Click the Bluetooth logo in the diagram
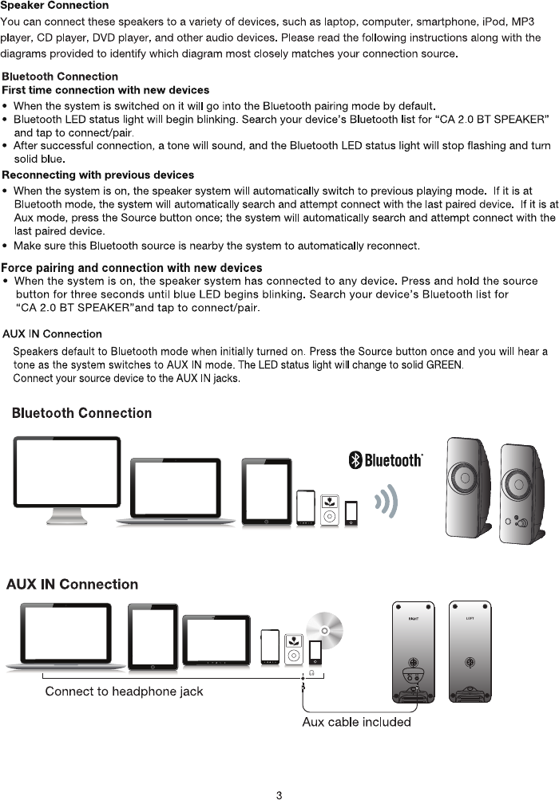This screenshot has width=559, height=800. [385, 460]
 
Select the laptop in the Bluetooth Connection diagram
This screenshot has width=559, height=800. [176, 489]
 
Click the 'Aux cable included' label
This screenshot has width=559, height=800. [356, 722]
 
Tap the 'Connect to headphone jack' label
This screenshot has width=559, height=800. [124, 691]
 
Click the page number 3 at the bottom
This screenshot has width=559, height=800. [279, 794]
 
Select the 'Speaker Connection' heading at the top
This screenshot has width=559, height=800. [54, 6]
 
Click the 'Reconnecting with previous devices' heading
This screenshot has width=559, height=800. [98, 175]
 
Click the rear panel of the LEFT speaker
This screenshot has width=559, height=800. [470, 650]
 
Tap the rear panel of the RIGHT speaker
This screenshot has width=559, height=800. [413, 650]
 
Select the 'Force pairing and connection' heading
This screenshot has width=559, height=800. [132, 268]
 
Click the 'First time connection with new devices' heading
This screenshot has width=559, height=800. [106, 90]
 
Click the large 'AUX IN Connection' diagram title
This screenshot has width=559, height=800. [72, 584]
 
